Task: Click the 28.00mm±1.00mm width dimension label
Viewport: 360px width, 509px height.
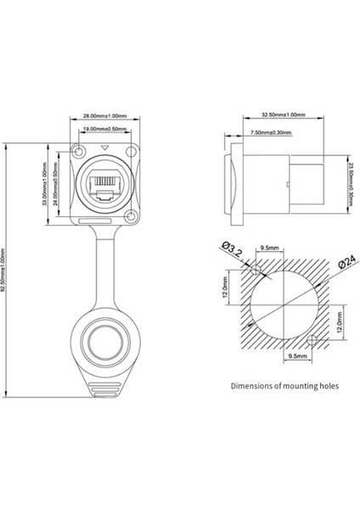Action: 104,116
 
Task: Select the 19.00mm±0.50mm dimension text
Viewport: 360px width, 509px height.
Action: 104,130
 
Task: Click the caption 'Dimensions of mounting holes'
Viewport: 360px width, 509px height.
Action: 284,385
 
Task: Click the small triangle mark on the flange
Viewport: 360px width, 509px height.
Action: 104,149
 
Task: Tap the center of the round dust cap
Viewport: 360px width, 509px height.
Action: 104,346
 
